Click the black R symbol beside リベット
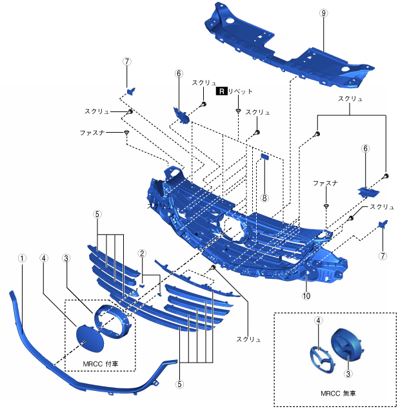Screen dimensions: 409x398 point(222,91)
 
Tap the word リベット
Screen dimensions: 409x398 point(241,91)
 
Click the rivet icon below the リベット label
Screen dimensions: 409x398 point(237,111)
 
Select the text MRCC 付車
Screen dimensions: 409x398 point(100,363)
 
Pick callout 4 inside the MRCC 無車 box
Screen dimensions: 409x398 point(318,319)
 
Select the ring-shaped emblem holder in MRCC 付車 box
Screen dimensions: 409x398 point(112,320)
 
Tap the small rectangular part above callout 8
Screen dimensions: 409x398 point(264,156)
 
